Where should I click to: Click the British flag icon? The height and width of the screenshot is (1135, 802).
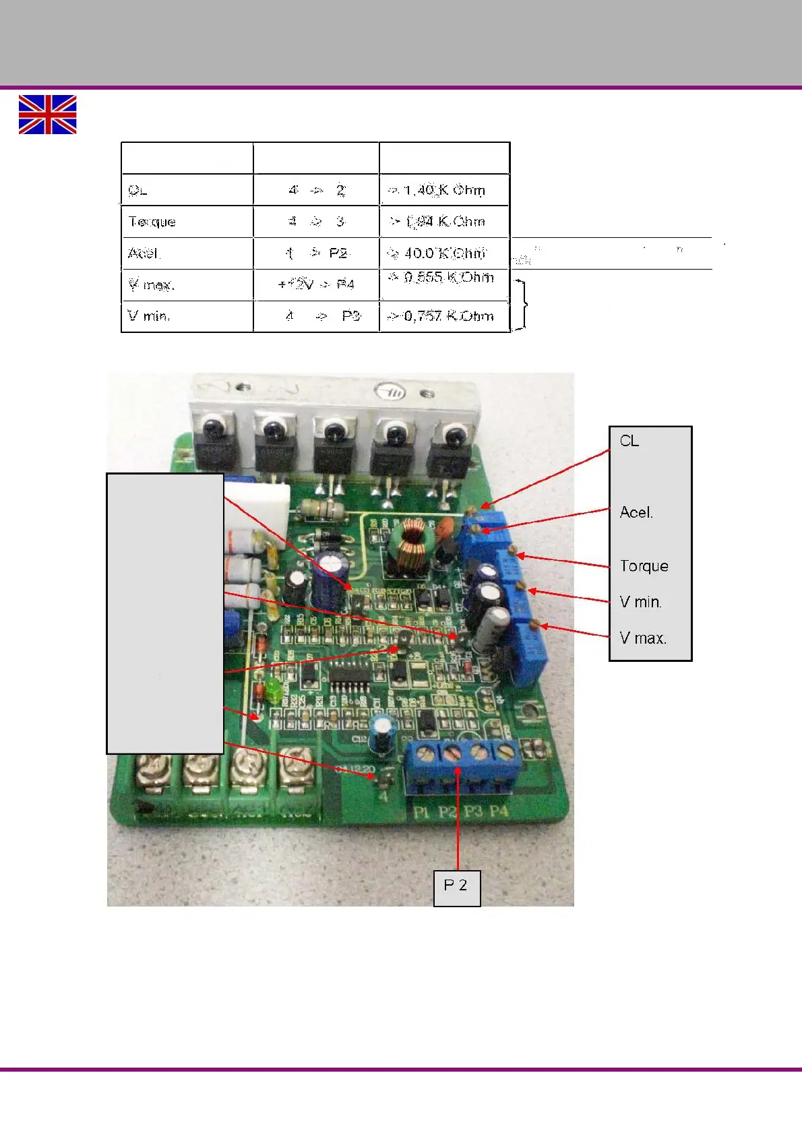[x=47, y=115]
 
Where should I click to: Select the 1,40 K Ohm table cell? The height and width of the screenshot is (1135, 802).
[x=444, y=190]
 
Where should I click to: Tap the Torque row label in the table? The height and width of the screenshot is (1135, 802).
[x=152, y=222]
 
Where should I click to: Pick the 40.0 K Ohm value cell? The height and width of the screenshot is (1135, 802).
[x=445, y=253]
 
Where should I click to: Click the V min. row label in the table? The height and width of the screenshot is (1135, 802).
[x=149, y=316]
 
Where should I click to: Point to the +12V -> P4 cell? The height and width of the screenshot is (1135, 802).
[x=316, y=284]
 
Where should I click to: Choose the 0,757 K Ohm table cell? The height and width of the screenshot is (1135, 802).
[x=445, y=316]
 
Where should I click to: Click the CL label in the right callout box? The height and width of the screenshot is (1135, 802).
[x=629, y=441]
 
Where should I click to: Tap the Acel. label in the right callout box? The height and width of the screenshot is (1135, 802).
[x=636, y=512]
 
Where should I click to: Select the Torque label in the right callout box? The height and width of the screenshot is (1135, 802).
[x=644, y=566]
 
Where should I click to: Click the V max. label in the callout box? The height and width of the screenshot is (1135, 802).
[x=643, y=638]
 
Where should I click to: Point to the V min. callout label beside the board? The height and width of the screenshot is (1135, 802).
[x=640, y=602]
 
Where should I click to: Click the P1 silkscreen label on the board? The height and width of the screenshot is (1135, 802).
[x=421, y=812]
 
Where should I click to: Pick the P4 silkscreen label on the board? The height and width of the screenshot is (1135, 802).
[x=499, y=811]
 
